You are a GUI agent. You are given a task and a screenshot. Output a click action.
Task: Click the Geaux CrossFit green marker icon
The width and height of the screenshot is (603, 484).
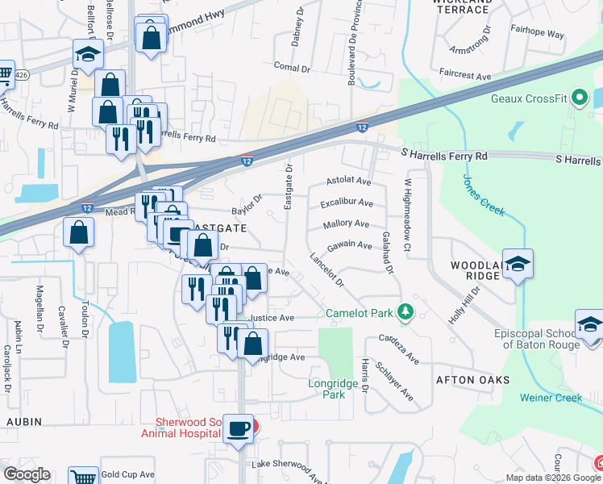(x=579, y=99)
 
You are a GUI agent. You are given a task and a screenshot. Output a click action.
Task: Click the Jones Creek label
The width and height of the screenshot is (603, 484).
(x=483, y=196)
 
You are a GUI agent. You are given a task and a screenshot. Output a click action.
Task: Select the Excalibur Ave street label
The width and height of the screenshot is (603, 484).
(x=346, y=202)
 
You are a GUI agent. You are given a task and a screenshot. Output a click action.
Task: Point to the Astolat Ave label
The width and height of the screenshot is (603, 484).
(x=348, y=181)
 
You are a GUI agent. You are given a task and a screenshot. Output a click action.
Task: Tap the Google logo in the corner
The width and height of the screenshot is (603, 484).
(x=26, y=474)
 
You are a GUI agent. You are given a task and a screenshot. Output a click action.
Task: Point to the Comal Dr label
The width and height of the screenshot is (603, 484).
(x=292, y=68)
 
